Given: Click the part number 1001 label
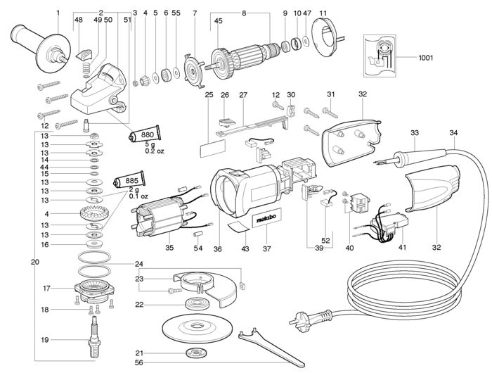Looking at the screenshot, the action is (425, 58).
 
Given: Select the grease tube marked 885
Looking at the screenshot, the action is (129, 180).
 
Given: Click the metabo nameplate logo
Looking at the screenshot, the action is (266, 218).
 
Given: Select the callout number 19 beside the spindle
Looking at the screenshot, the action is (45, 340).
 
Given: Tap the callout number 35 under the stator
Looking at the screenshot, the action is (169, 248).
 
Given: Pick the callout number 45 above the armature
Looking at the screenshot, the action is (218, 20).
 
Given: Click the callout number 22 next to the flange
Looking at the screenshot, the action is (139, 305).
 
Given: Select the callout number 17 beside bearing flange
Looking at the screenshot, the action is (46, 288).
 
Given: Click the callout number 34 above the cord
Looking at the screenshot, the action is (453, 132).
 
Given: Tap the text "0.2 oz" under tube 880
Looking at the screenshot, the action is (155, 151).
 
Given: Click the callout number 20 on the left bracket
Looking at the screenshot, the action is (35, 262).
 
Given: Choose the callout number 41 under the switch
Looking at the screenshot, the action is (402, 247).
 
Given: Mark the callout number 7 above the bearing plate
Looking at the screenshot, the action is (195, 13).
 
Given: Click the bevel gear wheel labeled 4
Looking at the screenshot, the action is (94, 215).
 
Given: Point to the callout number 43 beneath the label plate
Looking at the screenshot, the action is (245, 249).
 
